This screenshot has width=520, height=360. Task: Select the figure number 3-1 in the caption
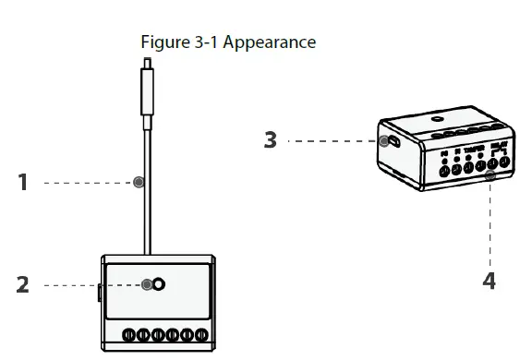[x=208, y=42]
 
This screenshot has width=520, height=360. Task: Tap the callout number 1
[x=24, y=183]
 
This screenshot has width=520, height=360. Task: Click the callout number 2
[x=24, y=284]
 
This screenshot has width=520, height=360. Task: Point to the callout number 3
[x=270, y=140]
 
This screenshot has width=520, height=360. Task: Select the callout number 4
[x=490, y=280]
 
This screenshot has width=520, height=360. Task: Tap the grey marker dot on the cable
[x=139, y=183]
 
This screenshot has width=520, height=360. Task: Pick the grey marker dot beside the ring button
[x=147, y=284]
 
